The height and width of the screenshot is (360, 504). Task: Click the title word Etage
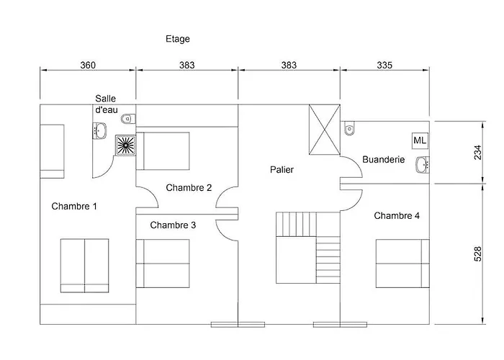177,39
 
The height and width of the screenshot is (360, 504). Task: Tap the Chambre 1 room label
74,207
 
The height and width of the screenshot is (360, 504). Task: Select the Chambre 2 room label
189,188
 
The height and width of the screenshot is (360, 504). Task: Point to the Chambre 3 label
173,225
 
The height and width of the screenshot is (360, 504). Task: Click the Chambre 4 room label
397,216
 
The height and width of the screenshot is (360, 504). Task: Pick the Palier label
282,170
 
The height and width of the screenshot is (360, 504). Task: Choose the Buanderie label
384,160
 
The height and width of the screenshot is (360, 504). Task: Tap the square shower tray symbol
127,145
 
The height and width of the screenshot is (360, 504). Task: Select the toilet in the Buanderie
350,127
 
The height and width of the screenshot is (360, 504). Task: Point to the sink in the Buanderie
423,166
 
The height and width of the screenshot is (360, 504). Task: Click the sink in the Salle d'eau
100,130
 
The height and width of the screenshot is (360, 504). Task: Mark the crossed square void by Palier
323,130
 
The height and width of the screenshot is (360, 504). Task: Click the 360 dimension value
88,66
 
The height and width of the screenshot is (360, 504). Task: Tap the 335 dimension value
384,66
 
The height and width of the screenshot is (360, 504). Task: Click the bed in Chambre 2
163,150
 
